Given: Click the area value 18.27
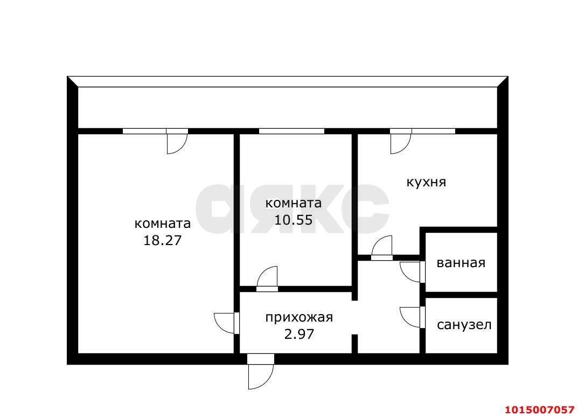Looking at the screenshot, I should point(162,240).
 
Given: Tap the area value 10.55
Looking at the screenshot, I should point(294,220).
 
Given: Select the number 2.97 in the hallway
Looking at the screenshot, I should point(299,334).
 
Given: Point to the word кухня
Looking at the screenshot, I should point(426,182).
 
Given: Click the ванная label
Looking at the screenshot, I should point(461,263).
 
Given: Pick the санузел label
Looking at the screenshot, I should point(464,325).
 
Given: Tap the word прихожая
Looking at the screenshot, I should point(299,317).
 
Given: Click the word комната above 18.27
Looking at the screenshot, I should point(162,223).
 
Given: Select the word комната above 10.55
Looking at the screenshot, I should point(294,203).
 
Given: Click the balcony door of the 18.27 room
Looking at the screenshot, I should point(177,141).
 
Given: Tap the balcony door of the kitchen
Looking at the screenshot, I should point(400,141).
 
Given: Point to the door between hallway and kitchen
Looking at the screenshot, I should point(382,249).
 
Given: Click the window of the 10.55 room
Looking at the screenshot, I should point(291,131).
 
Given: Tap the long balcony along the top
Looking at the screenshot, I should point(288,107).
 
